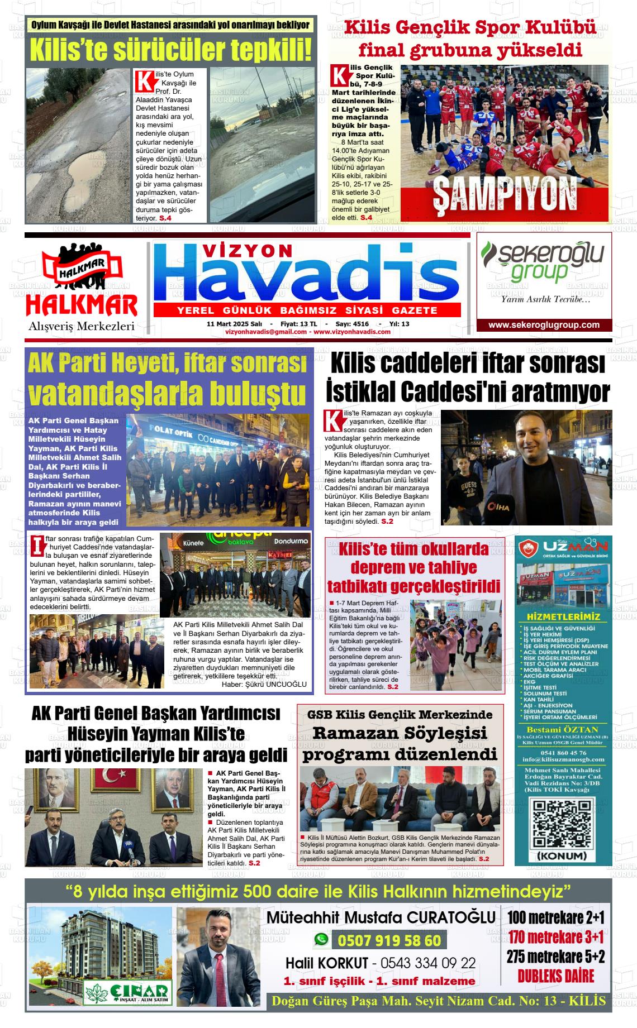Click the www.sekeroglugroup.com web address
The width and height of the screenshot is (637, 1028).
tap(544, 325)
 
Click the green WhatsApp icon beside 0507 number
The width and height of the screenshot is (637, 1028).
tap(321, 939)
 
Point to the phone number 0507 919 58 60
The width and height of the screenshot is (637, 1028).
tap(389, 941)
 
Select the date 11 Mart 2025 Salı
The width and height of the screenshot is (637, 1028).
tap(234, 324)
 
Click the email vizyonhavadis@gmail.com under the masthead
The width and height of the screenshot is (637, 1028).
tap(265, 332)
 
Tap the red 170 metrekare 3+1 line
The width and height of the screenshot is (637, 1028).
tap(556, 936)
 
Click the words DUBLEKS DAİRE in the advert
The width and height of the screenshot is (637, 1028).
tap(555, 976)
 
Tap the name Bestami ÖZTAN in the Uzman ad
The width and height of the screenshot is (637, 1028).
tap(555, 729)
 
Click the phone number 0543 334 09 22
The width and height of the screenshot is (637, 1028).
tap(428, 963)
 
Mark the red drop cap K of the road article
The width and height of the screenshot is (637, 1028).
tap(144, 80)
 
